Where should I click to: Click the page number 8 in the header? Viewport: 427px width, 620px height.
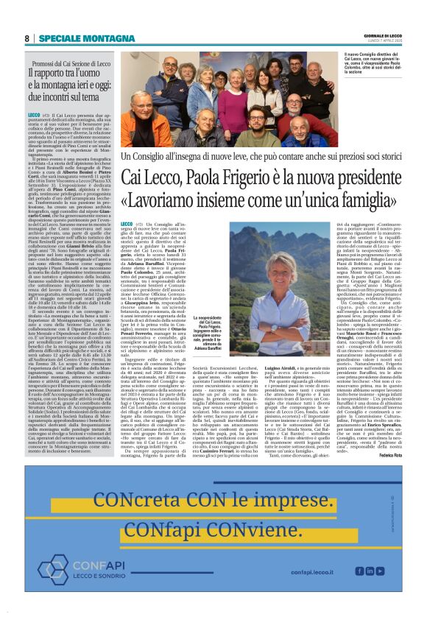pyautogui.click(x=27, y=38)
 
